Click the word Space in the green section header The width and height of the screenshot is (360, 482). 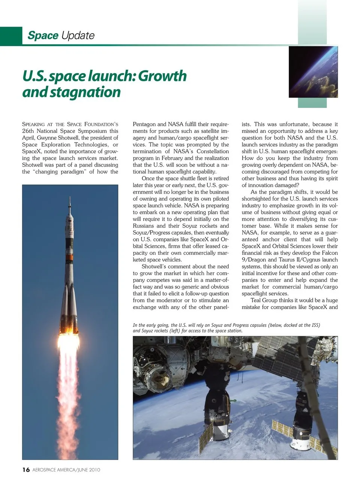coord(43,36)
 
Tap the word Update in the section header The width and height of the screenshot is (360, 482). coord(78,36)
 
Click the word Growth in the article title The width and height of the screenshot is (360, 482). coord(162,76)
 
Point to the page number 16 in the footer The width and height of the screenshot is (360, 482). coord(26,470)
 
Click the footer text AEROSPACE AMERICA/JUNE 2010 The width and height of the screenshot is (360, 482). coord(66,470)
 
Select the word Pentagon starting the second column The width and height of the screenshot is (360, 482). coord(144,124)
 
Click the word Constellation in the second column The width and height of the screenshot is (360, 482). coord(211,151)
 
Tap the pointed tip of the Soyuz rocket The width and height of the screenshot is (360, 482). coord(70,198)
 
